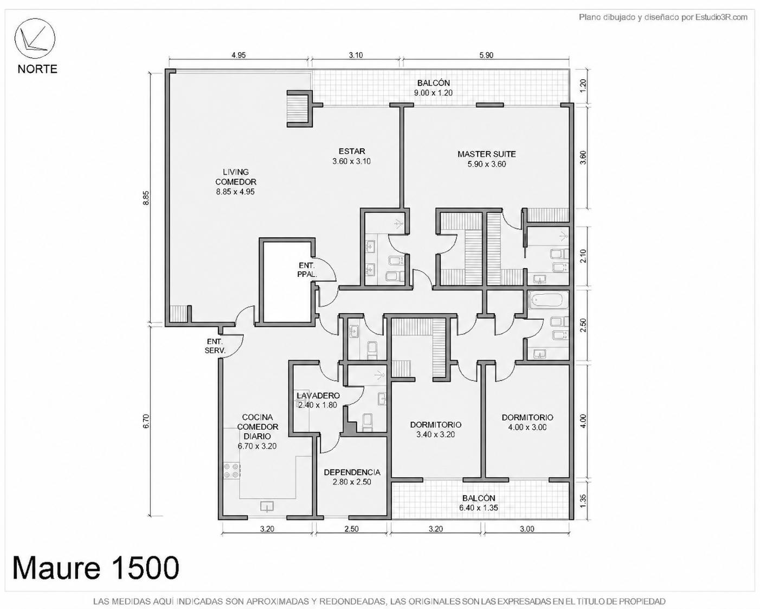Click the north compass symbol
pos(35,38)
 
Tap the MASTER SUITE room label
pos(486,159)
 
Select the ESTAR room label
pos(351,156)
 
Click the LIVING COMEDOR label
pos(236,182)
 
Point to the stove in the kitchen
pos(232,472)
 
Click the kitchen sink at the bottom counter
pos(267,507)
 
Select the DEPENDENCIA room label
pos(352,477)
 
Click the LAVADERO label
pos(318,401)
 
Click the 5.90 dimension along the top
pos(486,55)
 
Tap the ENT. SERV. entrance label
pos(215,346)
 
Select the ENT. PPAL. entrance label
pos(307,270)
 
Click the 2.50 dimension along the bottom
pos(351,529)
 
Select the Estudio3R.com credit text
pos(663,17)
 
